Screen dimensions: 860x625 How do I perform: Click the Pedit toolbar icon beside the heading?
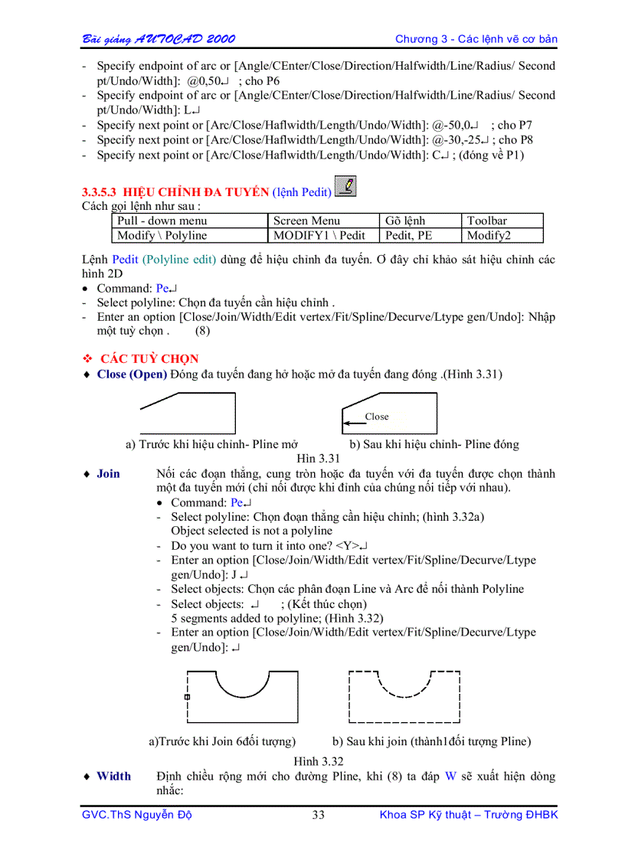pos(346,187)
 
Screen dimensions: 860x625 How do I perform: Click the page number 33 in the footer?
pos(318,815)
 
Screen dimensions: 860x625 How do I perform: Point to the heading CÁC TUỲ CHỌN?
pos(149,358)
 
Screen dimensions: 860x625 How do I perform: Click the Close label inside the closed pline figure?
pos(377,417)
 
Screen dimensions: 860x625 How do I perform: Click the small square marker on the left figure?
pos(187,697)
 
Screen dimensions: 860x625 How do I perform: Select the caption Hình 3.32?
pos(318,761)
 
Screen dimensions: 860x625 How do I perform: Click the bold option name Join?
pos(108,473)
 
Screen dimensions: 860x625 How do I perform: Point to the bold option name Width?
pos(113,776)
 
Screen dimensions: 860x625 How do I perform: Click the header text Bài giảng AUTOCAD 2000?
pos(159,39)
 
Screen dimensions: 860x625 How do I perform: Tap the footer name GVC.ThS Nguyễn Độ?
pos(136,815)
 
